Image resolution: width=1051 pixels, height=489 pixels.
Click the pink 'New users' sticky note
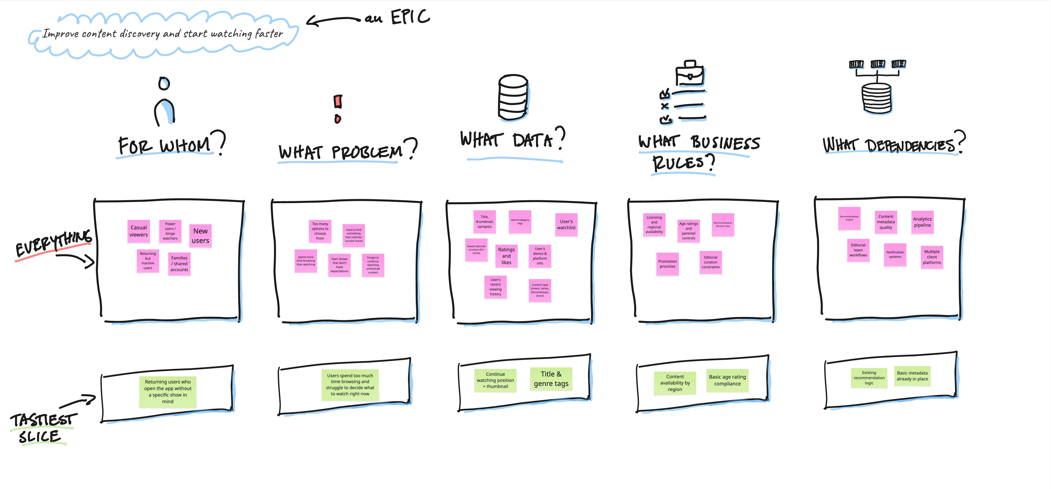click(200, 236)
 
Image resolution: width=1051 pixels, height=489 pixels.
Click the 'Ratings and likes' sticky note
click(506, 256)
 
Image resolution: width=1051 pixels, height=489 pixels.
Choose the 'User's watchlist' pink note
click(566, 225)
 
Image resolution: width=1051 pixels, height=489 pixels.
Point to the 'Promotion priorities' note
click(667, 264)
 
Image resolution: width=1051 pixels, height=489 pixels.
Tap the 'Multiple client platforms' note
click(932, 257)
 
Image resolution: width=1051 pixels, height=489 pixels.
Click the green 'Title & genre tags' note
click(551, 379)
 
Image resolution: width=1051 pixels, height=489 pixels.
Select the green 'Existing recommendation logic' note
click(869, 378)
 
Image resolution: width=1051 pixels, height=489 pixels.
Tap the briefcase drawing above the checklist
click(689, 73)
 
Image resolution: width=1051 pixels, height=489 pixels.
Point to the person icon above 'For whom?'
click(164, 102)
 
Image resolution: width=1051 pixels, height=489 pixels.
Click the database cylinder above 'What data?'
click(513, 98)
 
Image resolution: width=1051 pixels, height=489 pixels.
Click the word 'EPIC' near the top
click(410, 18)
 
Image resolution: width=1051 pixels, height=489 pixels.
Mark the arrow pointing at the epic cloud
click(332, 20)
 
